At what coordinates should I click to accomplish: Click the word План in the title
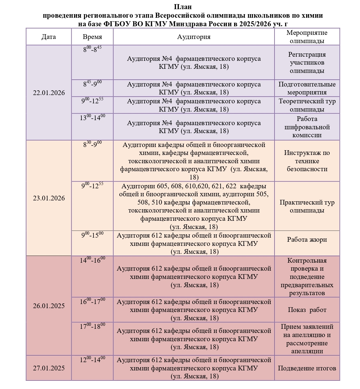click(183, 7)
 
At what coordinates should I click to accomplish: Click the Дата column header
click(49, 37)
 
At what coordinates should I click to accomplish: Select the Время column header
click(92, 37)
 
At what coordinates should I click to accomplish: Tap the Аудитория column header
click(194, 37)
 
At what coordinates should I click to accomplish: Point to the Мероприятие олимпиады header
click(307, 37)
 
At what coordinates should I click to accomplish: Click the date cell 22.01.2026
click(49, 93)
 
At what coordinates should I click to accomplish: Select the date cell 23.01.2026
click(49, 198)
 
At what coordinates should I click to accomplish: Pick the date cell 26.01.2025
click(49, 306)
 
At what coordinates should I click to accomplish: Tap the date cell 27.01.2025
click(49, 368)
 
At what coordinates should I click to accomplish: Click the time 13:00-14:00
click(92, 117)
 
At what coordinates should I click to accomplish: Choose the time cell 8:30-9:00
click(92, 144)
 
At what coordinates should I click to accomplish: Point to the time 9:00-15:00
click(92, 235)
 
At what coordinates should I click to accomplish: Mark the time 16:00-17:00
click(92, 301)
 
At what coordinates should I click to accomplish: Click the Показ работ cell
click(307, 310)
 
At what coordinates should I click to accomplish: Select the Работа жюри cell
click(307, 240)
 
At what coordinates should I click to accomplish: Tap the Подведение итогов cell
click(307, 368)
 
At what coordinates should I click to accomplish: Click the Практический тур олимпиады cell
click(307, 206)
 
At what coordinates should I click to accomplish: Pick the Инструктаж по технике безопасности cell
click(307, 161)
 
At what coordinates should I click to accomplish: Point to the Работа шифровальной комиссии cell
click(307, 127)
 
